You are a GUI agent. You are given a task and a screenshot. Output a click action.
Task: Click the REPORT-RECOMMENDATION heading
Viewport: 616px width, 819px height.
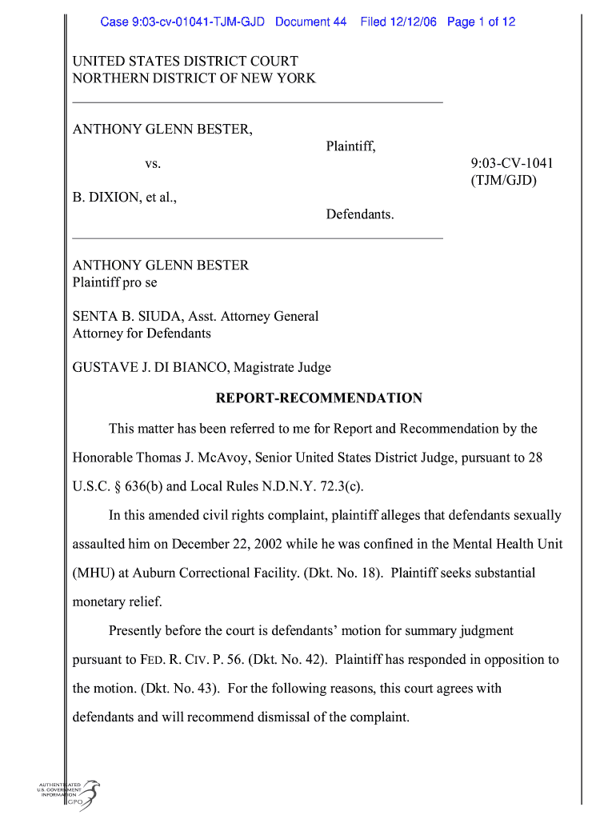point(318,398)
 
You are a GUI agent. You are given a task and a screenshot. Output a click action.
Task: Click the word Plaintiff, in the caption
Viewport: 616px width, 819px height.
point(350,146)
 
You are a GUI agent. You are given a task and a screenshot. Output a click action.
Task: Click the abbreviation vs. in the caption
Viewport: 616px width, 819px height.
point(153,164)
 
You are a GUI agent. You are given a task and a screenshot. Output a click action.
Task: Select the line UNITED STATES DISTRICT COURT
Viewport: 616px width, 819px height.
point(185,61)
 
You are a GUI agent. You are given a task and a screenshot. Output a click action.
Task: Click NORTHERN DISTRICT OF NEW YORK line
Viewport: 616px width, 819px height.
point(194,78)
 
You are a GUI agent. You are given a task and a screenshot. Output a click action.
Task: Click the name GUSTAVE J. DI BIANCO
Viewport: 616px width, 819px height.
point(145,368)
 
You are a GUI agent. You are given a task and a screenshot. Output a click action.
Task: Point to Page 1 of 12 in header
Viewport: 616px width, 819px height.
point(481,22)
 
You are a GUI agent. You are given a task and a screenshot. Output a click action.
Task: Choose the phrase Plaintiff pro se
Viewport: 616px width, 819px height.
point(115,282)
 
